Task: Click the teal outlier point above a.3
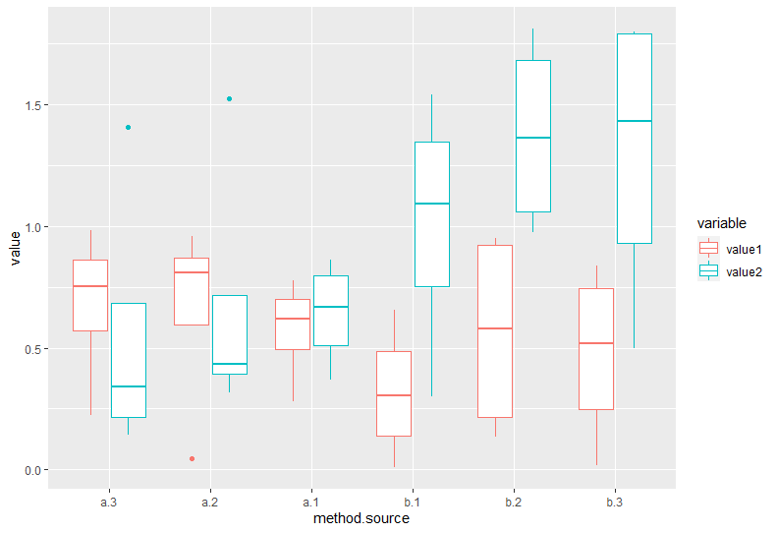pyautogui.click(x=128, y=127)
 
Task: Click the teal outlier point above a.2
pyautogui.click(x=229, y=98)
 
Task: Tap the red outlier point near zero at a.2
pyautogui.click(x=192, y=458)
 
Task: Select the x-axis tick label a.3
pyautogui.click(x=109, y=503)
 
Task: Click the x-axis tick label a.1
pyautogui.click(x=310, y=503)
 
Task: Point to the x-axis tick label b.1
pyautogui.click(x=412, y=503)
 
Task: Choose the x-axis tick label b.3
pyautogui.click(x=614, y=503)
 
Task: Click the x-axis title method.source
pyautogui.click(x=361, y=518)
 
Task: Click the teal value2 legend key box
pyautogui.click(x=708, y=270)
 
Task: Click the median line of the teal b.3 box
pyautogui.click(x=634, y=121)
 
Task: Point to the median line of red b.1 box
pyautogui.click(x=393, y=395)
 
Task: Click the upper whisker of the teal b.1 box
pyautogui.click(x=431, y=118)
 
